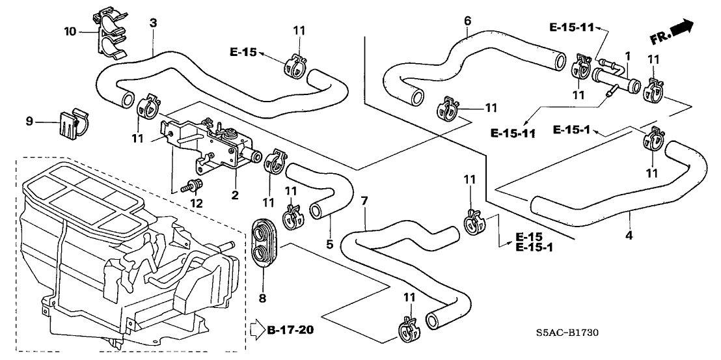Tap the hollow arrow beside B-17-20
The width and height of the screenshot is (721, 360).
point(255,331)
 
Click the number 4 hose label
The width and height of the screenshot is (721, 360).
point(629,234)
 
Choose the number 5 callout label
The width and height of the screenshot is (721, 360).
point(329,245)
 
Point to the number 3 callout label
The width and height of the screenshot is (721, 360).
point(153,23)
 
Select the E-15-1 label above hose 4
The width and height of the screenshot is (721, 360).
point(571,130)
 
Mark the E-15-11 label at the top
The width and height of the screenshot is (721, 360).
point(571,28)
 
